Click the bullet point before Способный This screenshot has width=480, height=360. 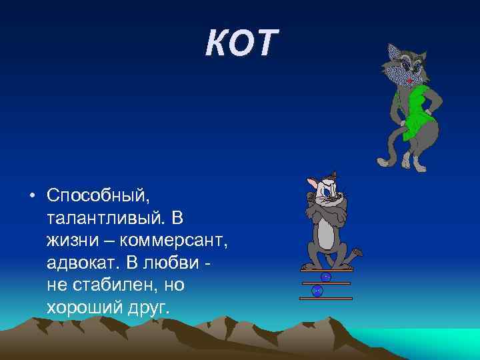(32, 195)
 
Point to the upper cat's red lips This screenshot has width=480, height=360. (407, 80)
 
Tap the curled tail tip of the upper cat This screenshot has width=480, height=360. (382, 161)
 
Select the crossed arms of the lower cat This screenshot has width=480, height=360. (325, 213)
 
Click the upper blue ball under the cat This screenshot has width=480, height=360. (326, 277)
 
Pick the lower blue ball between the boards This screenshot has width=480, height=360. (317, 291)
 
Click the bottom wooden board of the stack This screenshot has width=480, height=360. (325, 299)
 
